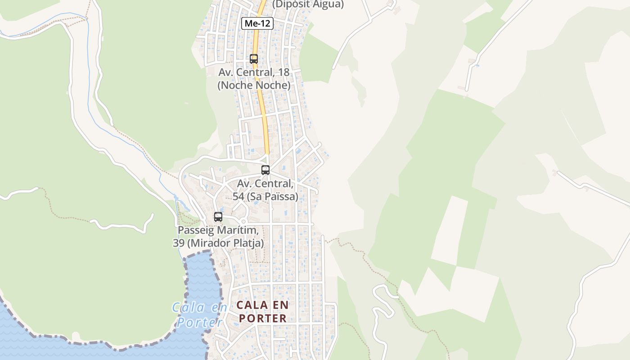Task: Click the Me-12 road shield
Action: click(x=257, y=23)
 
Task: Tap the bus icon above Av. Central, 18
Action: click(x=254, y=59)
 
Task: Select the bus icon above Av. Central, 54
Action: click(x=265, y=170)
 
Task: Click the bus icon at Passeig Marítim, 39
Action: click(x=218, y=217)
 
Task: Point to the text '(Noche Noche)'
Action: click(x=254, y=85)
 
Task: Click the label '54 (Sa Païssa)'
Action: click(x=265, y=197)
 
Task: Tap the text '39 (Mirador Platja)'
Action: click(x=218, y=243)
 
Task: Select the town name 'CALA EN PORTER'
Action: click(x=262, y=311)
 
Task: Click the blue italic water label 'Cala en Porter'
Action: click(x=199, y=315)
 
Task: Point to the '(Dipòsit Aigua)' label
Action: click(x=308, y=4)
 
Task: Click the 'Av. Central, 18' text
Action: click(x=254, y=72)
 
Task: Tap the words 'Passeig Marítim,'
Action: click(x=218, y=230)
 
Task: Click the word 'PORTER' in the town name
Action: click(x=262, y=318)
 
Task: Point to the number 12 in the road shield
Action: click(x=265, y=23)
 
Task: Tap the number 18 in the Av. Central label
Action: click(x=283, y=72)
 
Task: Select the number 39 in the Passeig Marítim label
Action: click(x=178, y=243)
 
